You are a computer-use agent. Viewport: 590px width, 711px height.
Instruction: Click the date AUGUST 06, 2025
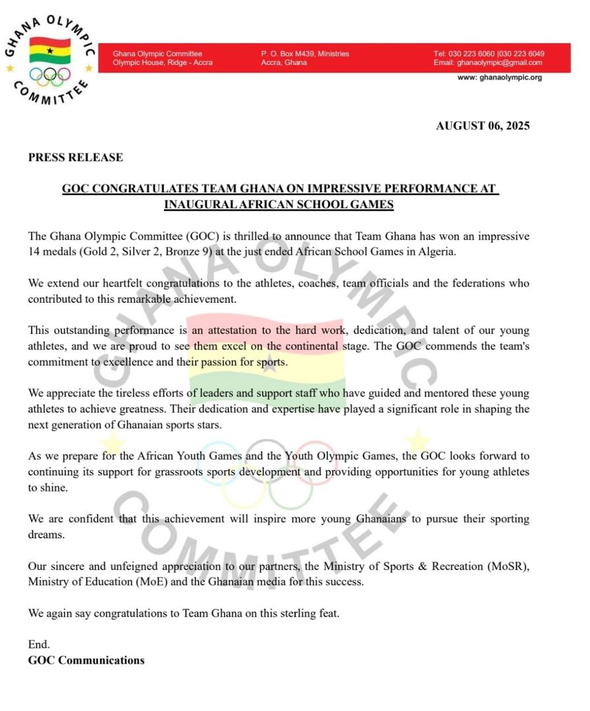[482, 126]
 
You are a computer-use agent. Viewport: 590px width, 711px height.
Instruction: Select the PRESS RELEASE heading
[75, 157]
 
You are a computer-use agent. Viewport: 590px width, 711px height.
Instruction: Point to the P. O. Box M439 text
[290, 54]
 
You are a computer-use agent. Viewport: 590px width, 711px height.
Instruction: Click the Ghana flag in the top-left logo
[49, 51]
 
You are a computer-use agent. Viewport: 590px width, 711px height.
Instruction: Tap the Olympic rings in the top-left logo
[49, 76]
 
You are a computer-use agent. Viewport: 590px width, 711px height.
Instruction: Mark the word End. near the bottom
[39, 645]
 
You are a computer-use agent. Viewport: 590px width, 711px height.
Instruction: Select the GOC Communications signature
[86, 660]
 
